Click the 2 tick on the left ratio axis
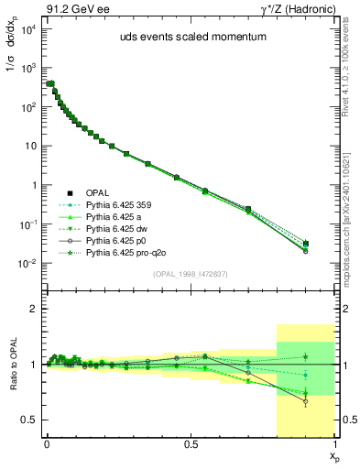click(x=35, y=310)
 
